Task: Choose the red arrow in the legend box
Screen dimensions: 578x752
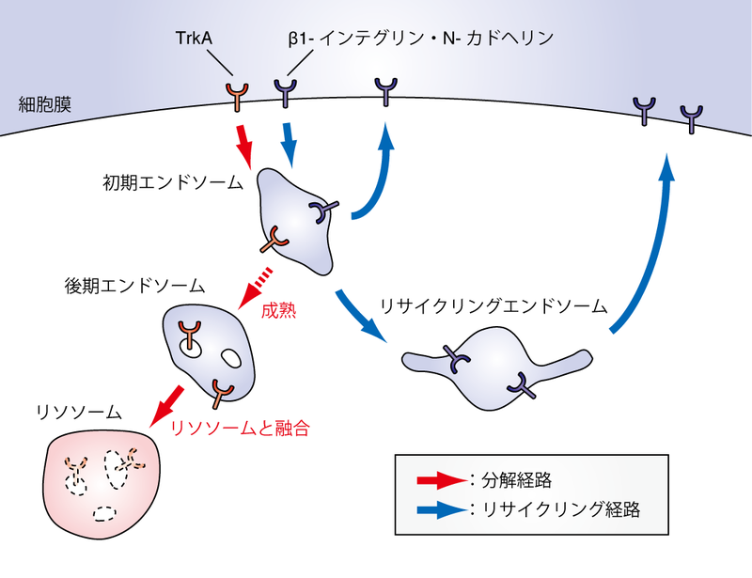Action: coord(441,481)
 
